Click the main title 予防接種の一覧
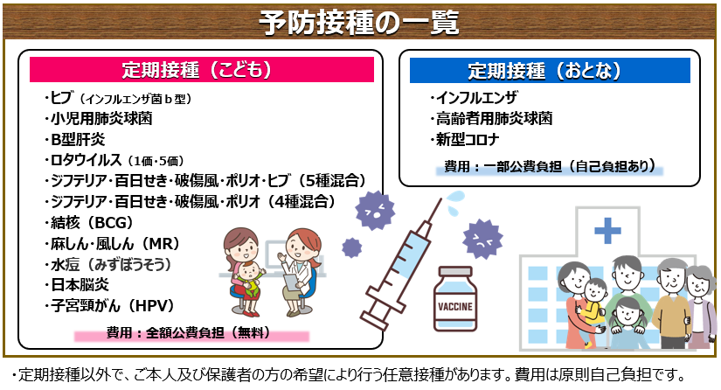[358, 22]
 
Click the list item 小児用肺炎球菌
[101, 119]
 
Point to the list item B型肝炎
[78, 139]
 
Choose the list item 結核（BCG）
[92, 223]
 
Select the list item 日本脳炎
[80, 285]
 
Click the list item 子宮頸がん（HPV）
[113, 305]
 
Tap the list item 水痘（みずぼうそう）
[111, 264]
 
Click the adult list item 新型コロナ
[468, 139]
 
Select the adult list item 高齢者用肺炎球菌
[494, 119]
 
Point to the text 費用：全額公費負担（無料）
[189, 332]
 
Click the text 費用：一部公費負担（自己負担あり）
[550, 166]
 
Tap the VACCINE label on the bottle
[455, 307]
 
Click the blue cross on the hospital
[607, 230]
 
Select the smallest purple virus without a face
[352, 247]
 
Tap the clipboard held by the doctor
[291, 282]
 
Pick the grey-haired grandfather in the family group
[670, 299]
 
